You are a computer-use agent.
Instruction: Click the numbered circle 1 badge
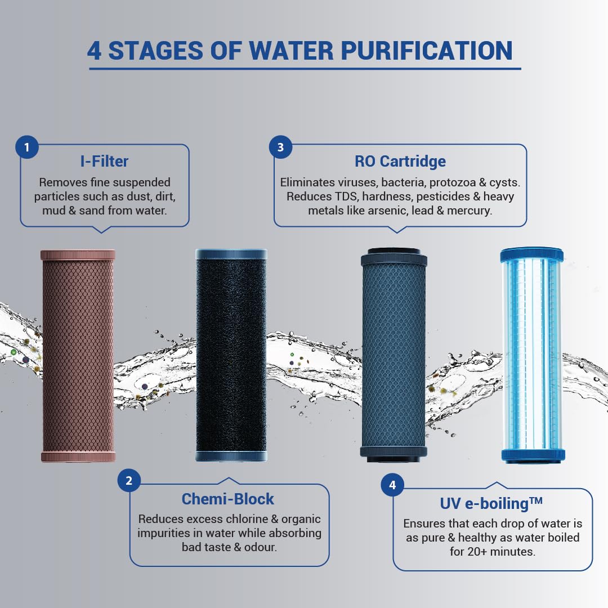click(x=27, y=147)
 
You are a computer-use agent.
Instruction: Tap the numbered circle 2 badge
click(x=129, y=480)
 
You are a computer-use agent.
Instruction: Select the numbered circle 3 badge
click(x=280, y=147)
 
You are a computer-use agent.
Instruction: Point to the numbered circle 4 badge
click(x=392, y=485)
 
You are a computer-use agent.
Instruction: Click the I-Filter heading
click(x=104, y=162)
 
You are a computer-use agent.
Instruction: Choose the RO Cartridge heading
click(x=400, y=162)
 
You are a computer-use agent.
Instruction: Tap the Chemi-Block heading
click(x=228, y=499)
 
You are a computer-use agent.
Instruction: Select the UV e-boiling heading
click(x=491, y=503)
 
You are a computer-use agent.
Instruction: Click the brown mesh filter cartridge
click(x=78, y=356)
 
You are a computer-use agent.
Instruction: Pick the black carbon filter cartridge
click(x=231, y=355)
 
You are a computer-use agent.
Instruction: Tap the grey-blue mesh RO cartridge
click(x=394, y=355)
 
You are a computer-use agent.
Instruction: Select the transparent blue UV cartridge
click(x=532, y=355)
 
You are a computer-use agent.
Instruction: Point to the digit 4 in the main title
click(x=94, y=51)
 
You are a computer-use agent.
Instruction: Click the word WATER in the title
click(x=291, y=51)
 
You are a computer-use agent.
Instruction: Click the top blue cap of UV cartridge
click(x=531, y=254)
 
